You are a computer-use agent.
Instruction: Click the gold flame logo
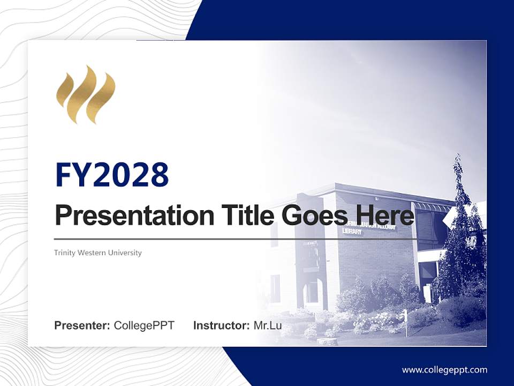pyautogui.click(x=86, y=94)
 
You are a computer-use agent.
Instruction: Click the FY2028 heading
pyautogui.click(x=112, y=175)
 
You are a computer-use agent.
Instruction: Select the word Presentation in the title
pyautogui.click(x=126, y=216)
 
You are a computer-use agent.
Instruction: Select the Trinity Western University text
pyautogui.click(x=98, y=253)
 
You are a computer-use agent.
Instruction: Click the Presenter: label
pyautogui.click(x=82, y=325)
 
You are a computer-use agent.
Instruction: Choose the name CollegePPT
pyautogui.click(x=144, y=325)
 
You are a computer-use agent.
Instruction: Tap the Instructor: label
pyautogui.click(x=221, y=325)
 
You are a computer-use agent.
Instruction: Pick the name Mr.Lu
pyautogui.click(x=268, y=325)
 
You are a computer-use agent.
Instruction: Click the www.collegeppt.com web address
pyautogui.click(x=444, y=369)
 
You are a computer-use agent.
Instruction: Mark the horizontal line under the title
pyautogui.click(x=236, y=239)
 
